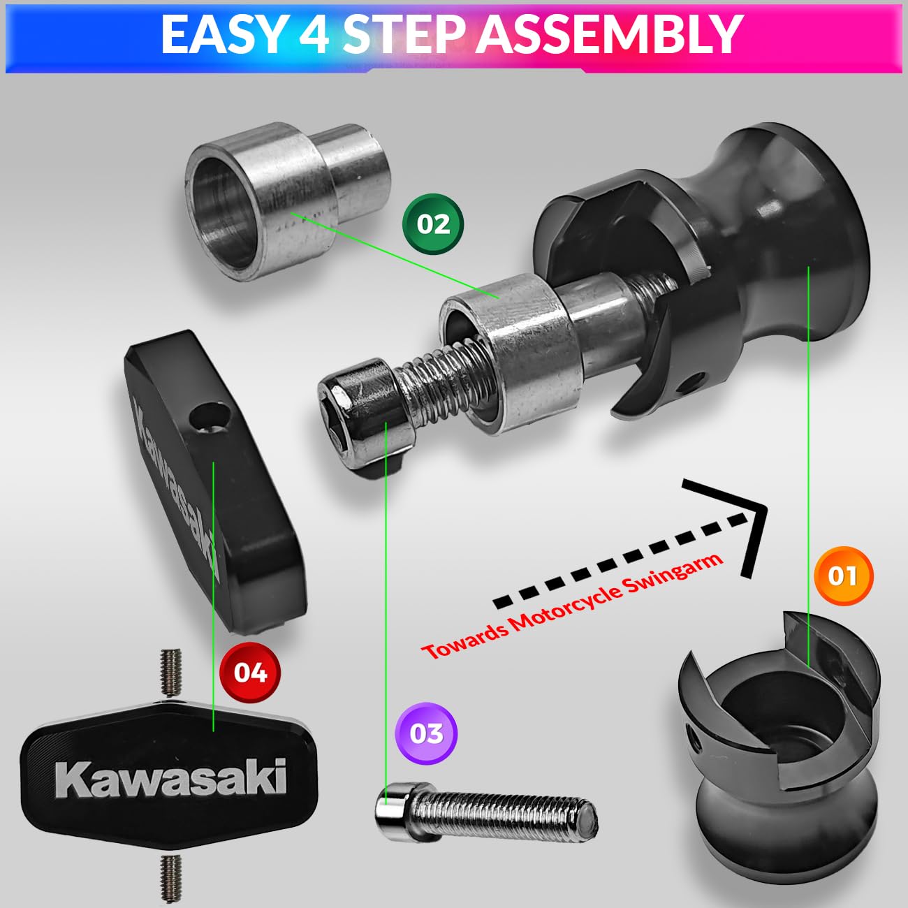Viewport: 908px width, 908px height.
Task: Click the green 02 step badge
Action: [433, 224]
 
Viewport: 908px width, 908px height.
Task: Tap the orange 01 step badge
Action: [843, 576]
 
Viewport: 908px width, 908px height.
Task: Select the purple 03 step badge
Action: [426, 733]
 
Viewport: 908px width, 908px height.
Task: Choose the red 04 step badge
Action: [250, 672]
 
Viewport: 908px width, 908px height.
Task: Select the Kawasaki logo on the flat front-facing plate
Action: [170, 777]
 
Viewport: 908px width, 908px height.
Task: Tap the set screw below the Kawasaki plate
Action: [170, 876]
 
